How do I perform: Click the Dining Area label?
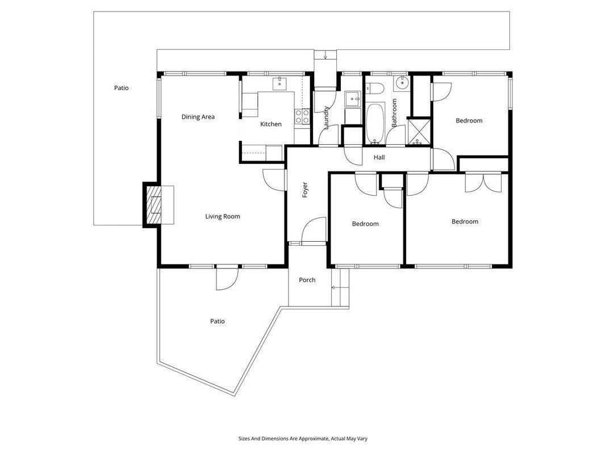(198, 116)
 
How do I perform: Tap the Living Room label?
(222, 217)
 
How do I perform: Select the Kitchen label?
(270, 124)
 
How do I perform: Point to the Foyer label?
(305, 190)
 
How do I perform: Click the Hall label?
(379, 157)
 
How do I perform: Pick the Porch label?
(307, 280)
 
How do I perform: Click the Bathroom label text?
(394, 113)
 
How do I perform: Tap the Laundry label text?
(326, 117)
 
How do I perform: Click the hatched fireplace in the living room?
(153, 205)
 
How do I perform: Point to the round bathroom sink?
(403, 82)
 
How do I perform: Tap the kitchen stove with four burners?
(302, 116)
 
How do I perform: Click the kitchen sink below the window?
(279, 83)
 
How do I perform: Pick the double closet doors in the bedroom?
(483, 183)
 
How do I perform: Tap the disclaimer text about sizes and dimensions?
(303, 439)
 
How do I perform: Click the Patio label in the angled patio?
(217, 321)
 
